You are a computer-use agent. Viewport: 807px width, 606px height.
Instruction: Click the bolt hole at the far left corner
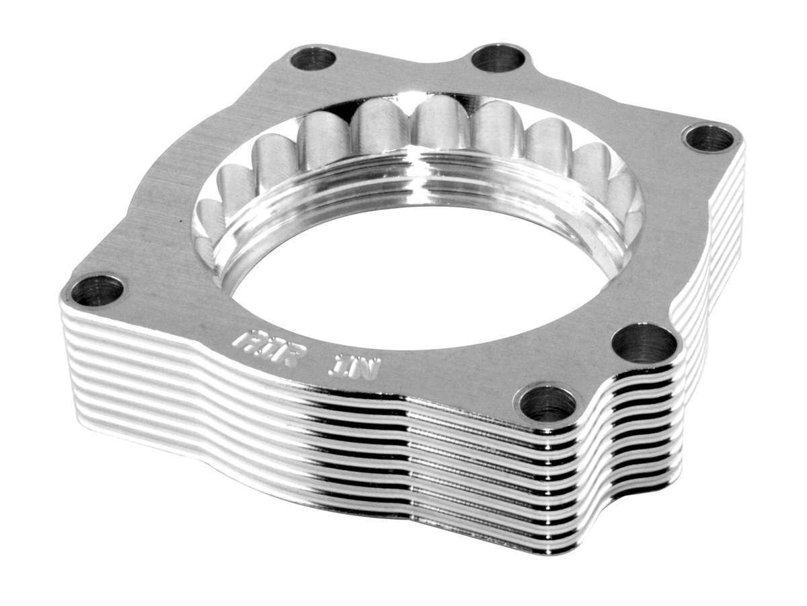pos(97,290)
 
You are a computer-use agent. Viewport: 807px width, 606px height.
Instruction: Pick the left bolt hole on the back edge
pos(313,59)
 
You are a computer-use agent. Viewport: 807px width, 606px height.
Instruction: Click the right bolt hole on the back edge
pos(498,58)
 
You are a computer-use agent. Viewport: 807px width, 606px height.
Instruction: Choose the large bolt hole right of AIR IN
pos(644,344)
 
